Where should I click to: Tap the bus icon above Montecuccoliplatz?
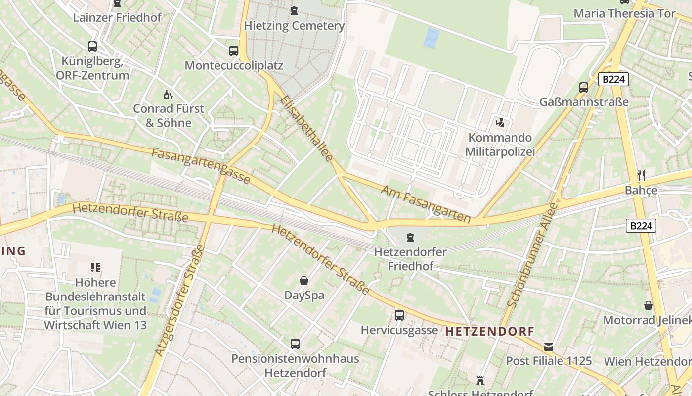click(234, 50)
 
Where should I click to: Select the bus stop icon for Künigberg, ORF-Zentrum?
click(92, 47)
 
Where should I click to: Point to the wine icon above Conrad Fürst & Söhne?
click(169, 95)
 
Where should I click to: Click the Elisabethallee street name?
click(307, 128)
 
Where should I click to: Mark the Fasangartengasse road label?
click(201, 166)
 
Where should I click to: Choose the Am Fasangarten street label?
click(426, 203)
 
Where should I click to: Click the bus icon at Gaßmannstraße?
click(584, 88)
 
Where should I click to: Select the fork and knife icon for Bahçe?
click(641, 175)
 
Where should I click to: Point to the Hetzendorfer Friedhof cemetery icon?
click(410, 238)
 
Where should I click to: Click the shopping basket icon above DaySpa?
click(304, 281)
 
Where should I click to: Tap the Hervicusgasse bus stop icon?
click(399, 315)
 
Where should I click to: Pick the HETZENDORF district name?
click(490, 331)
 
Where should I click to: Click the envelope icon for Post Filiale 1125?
click(549, 346)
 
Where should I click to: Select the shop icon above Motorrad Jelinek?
click(648, 305)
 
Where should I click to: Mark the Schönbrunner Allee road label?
click(533, 255)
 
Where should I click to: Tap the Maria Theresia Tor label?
click(624, 13)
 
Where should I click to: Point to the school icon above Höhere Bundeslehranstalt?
click(95, 268)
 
